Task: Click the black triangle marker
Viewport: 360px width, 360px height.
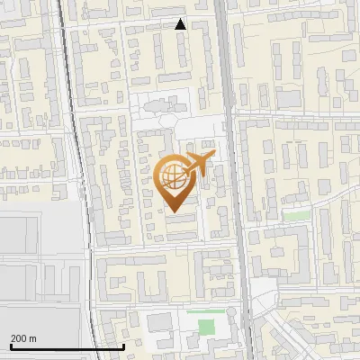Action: click(181, 24)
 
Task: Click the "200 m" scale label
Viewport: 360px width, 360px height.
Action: click(23, 338)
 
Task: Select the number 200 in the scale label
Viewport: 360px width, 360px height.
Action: click(19, 338)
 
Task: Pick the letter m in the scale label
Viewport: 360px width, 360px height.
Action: click(32, 338)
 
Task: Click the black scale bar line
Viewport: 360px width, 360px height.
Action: click(67, 346)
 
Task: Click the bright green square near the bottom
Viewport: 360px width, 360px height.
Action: click(207, 328)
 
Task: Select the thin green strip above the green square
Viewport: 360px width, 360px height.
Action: click(202, 311)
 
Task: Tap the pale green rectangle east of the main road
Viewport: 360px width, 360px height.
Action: click(295, 216)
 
